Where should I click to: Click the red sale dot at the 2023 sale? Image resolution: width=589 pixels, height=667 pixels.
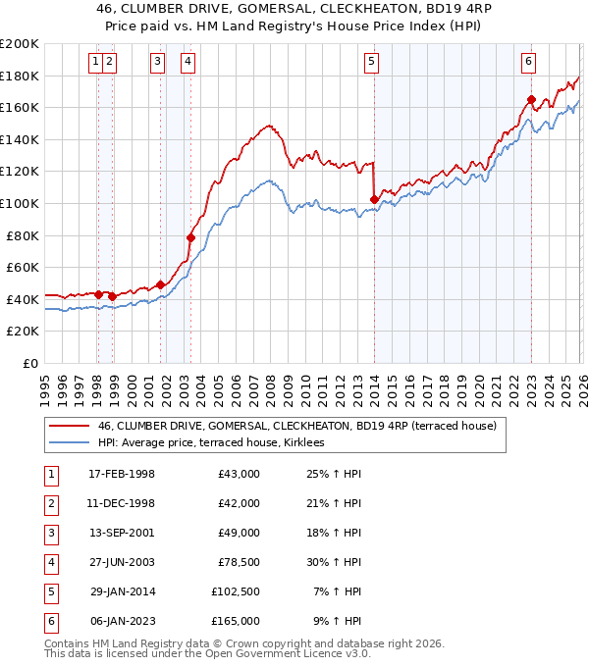[531, 99]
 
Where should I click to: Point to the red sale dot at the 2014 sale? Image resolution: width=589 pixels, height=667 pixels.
[374, 199]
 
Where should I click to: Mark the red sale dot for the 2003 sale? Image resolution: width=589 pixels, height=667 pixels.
[190, 237]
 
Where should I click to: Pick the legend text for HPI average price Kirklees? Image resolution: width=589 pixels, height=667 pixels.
[217, 443]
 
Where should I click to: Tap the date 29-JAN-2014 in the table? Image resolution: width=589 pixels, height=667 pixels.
[122, 591]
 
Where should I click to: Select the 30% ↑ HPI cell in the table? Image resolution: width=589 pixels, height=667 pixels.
[334, 562]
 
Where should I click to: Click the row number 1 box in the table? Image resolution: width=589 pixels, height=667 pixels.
[49, 474]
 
